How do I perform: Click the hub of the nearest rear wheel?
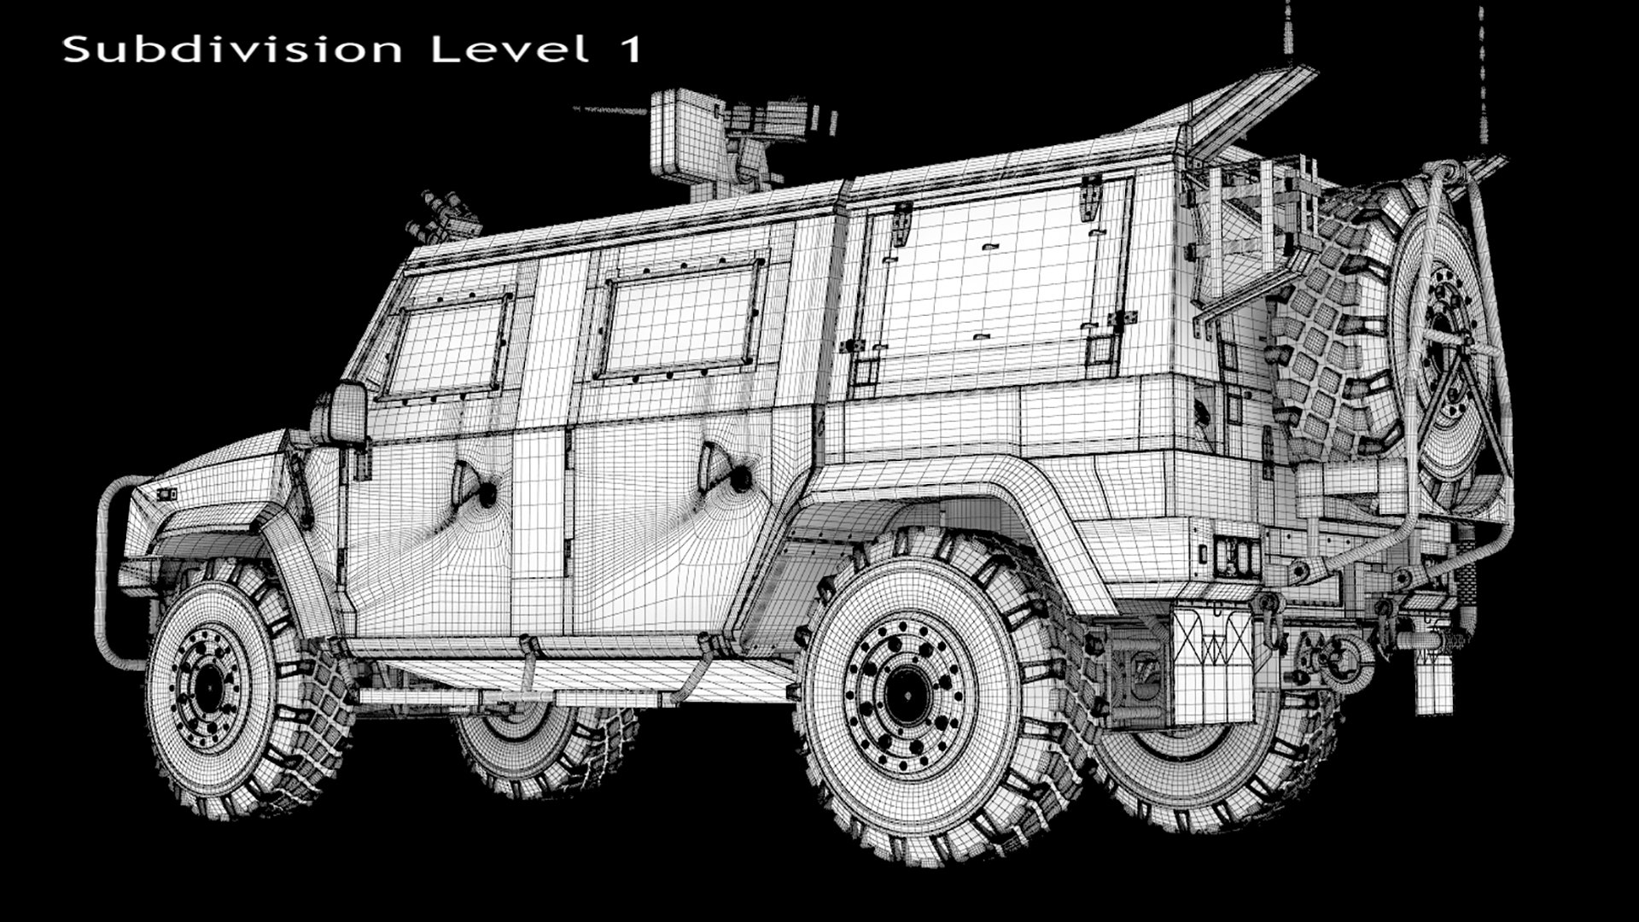pos(907,697)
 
